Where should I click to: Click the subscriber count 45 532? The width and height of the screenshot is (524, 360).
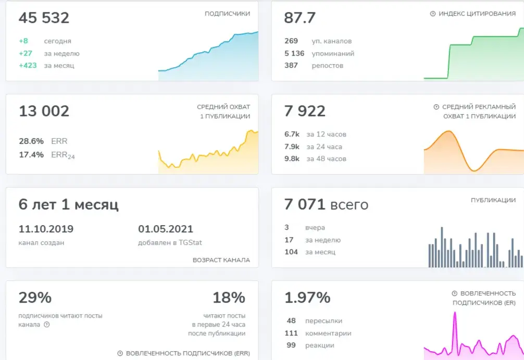pyautogui.click(x=44, y=18)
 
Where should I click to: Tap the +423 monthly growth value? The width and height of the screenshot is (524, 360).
pyautogui.click(x=28, y=66)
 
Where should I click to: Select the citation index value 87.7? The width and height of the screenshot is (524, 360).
pyautogui.click(x=300, y=18)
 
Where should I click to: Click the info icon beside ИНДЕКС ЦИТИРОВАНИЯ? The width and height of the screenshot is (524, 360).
pyautogui.click(x=433, y=14)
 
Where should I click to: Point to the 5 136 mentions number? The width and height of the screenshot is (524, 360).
pyautogui.click(x=294, y=54)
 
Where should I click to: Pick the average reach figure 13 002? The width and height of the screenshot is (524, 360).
pyautogui.click(x=44, y=111)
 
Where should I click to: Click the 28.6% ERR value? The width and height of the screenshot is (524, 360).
pyautogui.click(x=31, y=141)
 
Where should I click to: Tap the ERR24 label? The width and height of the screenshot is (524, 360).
pyautogui.click(x=63, y=155)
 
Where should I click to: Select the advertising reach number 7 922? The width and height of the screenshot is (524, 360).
pyautogui.click(x=305, y=111)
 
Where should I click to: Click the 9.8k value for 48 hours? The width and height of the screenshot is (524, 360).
pyautogui.click(x=292, y=159)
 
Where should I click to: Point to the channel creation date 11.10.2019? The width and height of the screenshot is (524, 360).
pyautogui.click(x=46, y=229)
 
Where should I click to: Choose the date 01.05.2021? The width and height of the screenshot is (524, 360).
pyautogui.click(x=166, y=229)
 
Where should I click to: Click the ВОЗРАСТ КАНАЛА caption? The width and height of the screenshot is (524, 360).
pyautogui.click(x=221, y=260)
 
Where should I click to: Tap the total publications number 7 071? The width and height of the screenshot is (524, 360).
pyautogui.click(x=305, y=204)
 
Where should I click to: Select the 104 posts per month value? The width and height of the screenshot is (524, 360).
pyautogui.click(x=291, y=252)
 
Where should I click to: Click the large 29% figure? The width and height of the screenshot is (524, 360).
pyautogui.click(x=35, y=297)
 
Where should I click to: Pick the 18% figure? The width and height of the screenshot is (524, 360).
pyautogui.click(x=229, y=297)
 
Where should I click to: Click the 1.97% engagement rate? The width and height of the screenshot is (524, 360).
pyautogui.click(x=307, y=297)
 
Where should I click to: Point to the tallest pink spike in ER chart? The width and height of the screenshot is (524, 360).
pyautogui.click(x=455, y=313)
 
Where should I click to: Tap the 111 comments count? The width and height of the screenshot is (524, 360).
pyautogui.click(x=291, y=333)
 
